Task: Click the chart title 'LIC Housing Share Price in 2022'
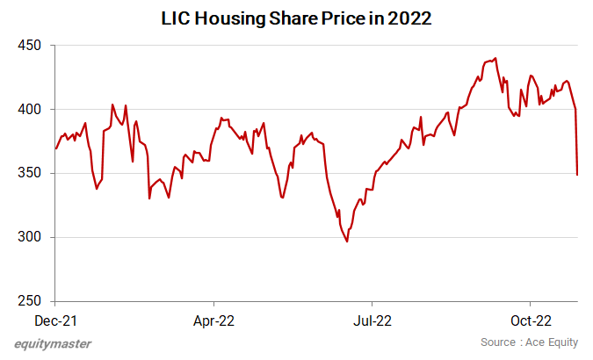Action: coord(296,18)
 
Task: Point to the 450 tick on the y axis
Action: coord(29,46)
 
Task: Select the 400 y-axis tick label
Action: coord(29,110)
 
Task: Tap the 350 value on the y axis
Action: coord(29,174)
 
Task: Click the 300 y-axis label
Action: coord(29,238)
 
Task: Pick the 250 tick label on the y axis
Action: coord(29,301)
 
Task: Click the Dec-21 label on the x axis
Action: coord(54,321)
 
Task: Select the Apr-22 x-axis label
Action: coord(213,321)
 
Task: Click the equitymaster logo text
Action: coord(53,343)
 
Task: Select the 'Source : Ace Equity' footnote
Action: coord(531,342)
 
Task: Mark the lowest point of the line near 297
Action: coord(347,241)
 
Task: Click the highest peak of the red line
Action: coord(496,59)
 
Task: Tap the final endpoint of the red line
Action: coord(577,175)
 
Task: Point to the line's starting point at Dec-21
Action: coord(55,148)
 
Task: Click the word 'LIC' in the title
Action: coord(175,18)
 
